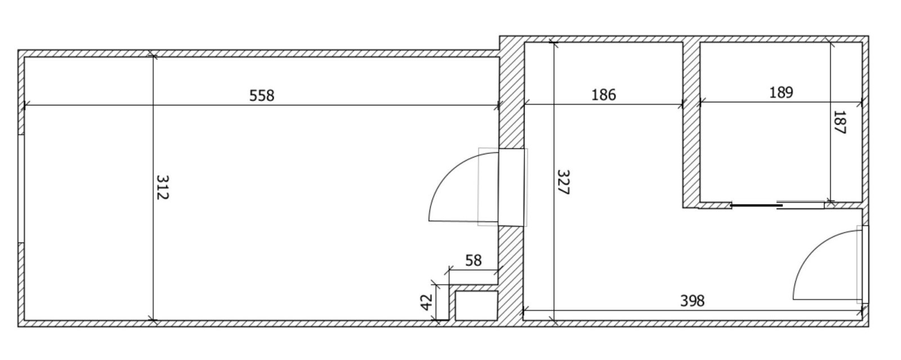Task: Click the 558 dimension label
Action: pos(262,96)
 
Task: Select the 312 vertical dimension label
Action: pos(162,188)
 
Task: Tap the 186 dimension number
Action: pos(604,94)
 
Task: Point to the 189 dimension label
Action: pos(781,92)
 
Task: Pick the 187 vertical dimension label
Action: pos(840,122)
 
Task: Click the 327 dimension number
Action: pos(564,183)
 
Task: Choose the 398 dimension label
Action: pos(692,301)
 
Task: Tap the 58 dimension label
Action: pos(474,260)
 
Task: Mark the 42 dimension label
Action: pos(426,302)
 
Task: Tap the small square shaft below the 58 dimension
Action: pos(476,305)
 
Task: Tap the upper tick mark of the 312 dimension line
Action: pos(152,55)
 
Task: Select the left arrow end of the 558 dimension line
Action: pos(25,105)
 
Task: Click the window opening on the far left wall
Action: pos(20,189)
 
